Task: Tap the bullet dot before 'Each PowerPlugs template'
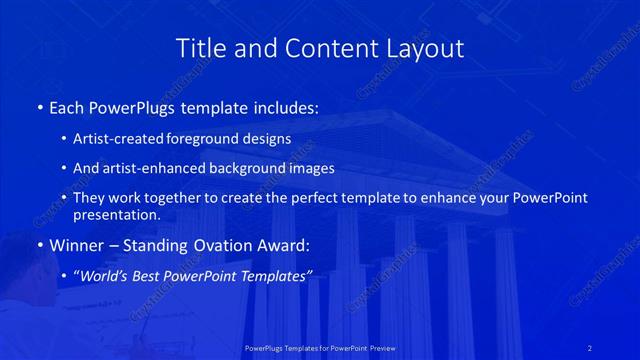39,106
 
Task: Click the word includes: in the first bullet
287,106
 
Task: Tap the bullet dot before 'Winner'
39,244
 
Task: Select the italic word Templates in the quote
275,275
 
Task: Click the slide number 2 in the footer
590,347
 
